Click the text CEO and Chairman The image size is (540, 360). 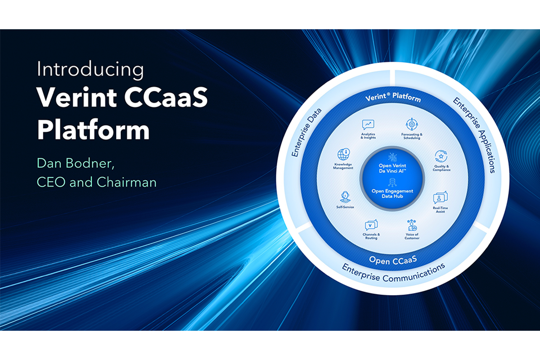pyautogui.click(x=97, y=182)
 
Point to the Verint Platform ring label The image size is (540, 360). pyautogui.click(x=393, y=98)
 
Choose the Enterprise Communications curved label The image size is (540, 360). pyautogui.click(x=393, y=273)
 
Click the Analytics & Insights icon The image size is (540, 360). pyautogui.click(x=368, y=125)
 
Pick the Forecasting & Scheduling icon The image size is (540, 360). pyautogui.click(x=411, y=124)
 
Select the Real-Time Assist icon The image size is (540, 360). pyautogui.click(x=440, y=198)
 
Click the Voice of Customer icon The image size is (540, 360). pyautogui.click(x=411, y=225)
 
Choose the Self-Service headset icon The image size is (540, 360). pyautogui.click(x=345, y=197)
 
